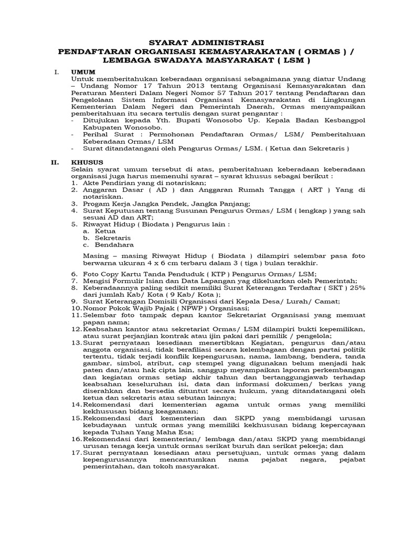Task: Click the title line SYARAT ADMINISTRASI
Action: click(201, 42)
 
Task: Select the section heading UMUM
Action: click(83, 71)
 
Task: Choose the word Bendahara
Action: click(112, 244)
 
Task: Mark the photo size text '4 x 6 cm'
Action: click(174, 264)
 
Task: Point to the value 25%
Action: click(357, 288)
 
